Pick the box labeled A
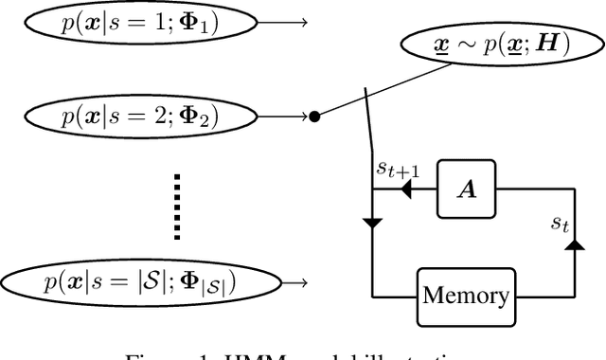pyautogui.click(x=467, y=189)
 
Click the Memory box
pyautogui.click(x=465, y=297)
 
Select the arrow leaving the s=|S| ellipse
pyautogui.click(x=296, y=280)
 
